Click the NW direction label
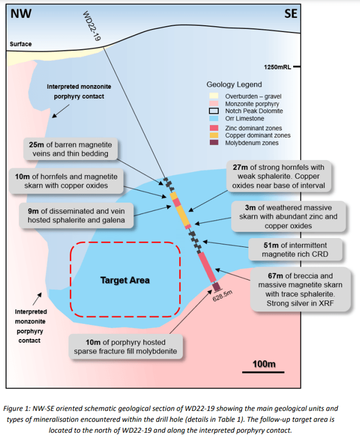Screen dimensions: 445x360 [x=21, y=14]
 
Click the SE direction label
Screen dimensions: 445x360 [x=291, y=14]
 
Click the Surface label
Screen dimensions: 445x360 [x=21, y=44]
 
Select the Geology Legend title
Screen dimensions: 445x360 [x=234, y=84]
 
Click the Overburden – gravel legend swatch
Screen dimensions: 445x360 [x=214, y=96]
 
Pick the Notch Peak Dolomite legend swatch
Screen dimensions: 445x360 [x=214, y=111]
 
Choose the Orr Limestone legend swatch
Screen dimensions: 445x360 [x=214, y=118]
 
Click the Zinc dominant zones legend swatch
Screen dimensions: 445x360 [x=214, y=128]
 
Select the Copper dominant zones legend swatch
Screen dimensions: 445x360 [x=214, y=135]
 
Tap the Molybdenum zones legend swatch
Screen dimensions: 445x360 [x=214, y=143]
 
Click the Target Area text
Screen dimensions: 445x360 [x=125, y=280]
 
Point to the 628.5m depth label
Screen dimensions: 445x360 [x=223, y=297]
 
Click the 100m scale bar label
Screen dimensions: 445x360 [x=264, y=364]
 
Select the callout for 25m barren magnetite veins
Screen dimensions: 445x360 [x=71, y=149]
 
